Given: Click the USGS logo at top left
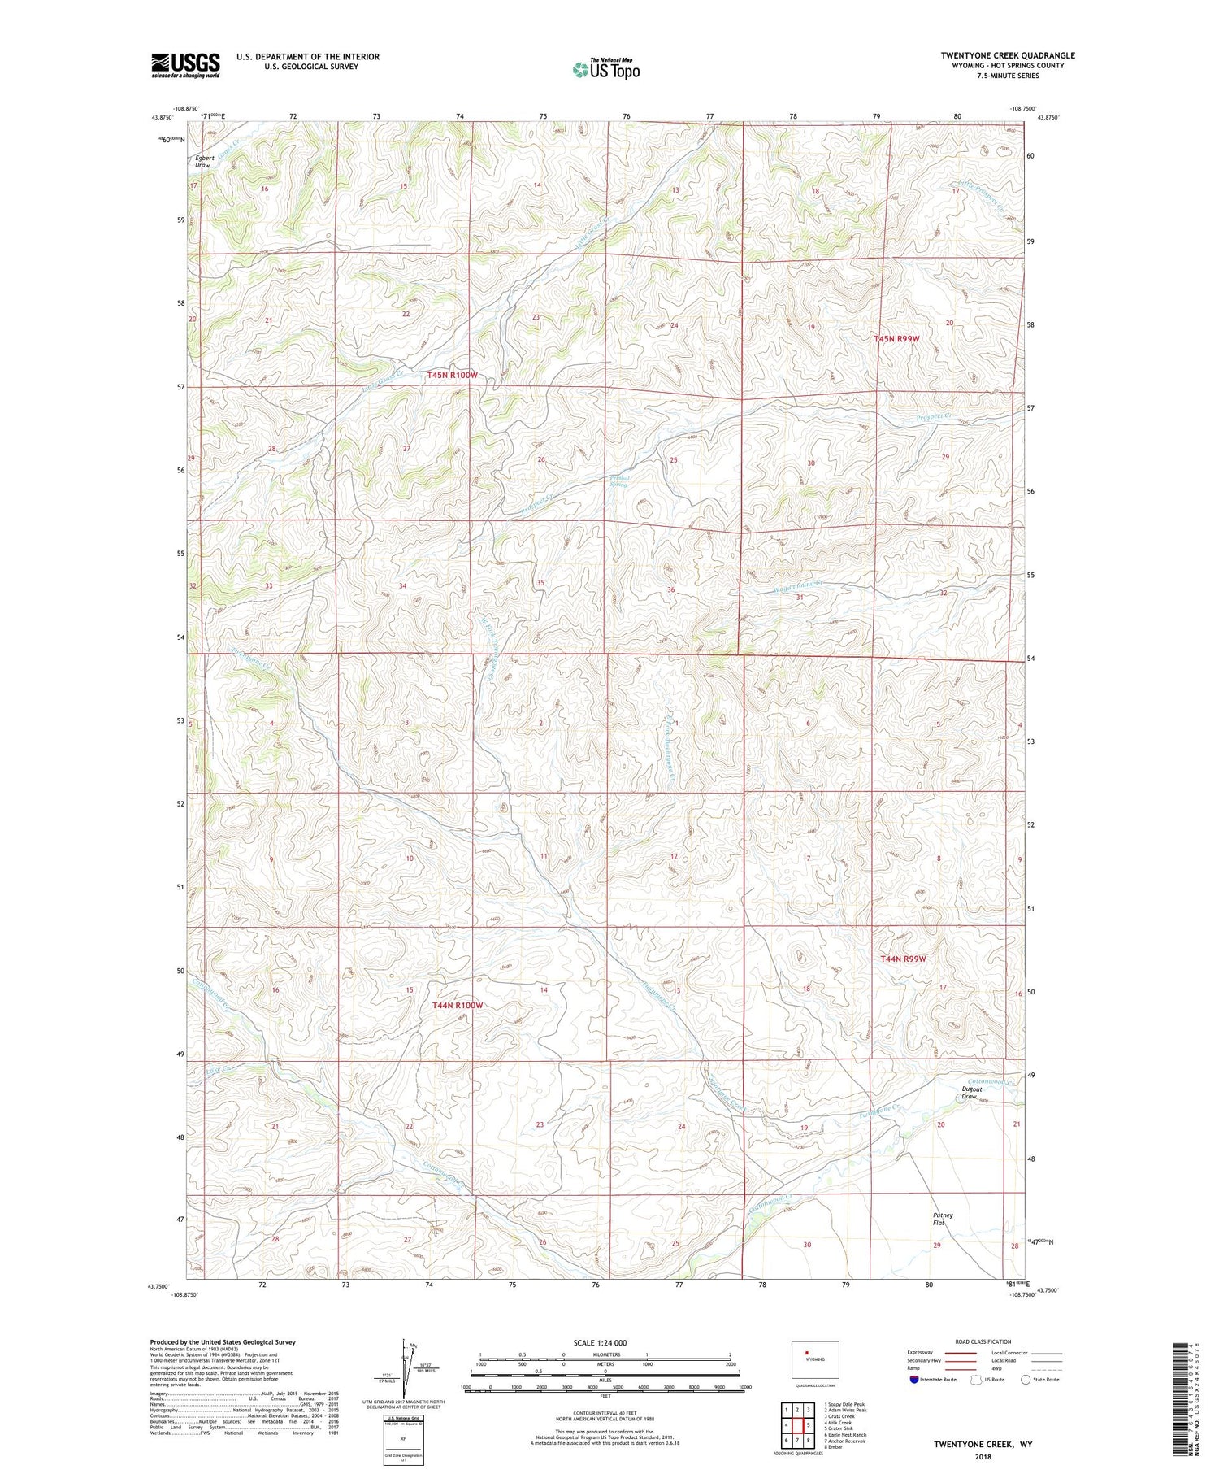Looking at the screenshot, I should [185, 65].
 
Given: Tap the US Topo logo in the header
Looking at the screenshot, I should [605, 70].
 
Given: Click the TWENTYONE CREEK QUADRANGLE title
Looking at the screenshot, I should [1008, 55].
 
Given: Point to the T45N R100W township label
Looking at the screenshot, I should [453, 376].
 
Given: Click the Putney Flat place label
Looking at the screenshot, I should [943, 1220].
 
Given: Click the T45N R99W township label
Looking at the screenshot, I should [896, 338].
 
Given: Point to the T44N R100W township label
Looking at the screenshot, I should [458, 1006].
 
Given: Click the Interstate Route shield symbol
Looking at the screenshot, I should [914, 1380].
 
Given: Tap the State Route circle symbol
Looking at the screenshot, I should [1026, 1379].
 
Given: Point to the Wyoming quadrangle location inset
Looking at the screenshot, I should [814, 1359].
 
